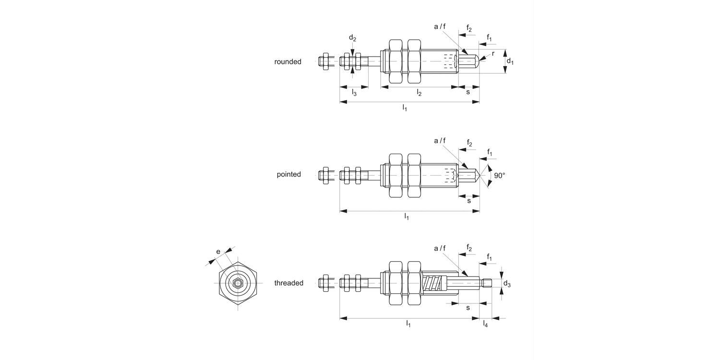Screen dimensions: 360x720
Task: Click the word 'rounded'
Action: (288, 62)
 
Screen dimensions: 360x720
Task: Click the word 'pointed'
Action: (288, 175)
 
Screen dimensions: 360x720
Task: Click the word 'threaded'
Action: (288, 283)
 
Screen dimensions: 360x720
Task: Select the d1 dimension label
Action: (510, 62)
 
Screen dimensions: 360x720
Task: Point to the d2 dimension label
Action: (353, 38)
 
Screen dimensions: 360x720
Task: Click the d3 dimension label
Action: (507, 285)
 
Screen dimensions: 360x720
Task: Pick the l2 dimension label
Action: (419, 93)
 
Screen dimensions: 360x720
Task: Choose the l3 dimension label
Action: (354, 93)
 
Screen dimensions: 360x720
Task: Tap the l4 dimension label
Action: (485, 324)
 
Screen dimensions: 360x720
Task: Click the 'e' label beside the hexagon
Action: (218, 252)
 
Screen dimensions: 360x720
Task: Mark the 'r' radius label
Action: (493, 53)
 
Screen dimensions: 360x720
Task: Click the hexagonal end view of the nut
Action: (238, 283)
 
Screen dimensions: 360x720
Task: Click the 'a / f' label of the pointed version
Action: (440, 141)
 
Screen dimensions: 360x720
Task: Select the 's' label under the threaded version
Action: (468, 308)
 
